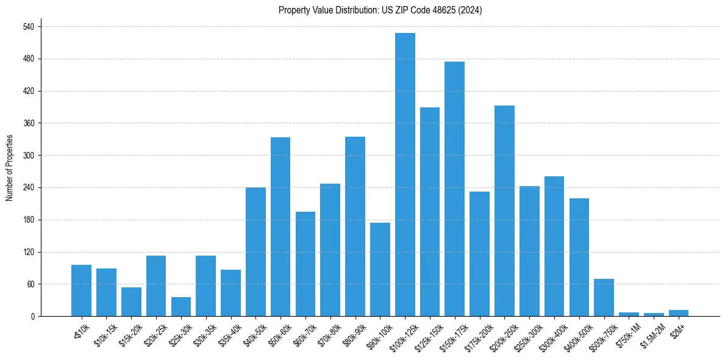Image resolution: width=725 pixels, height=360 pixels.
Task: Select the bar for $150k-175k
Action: pyautogui.click(x=455, y=189)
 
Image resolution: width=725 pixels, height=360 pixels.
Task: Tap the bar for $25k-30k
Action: pyautogui.click(x=180, y=307)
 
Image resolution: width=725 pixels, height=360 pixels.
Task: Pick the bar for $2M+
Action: pyautogui.click(x=679, y=313)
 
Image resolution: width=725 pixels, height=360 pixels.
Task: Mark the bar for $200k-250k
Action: pyautogui.click(x=504, y=211)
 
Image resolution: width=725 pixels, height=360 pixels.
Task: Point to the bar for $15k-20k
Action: pyautogui.click(x=131, y=302)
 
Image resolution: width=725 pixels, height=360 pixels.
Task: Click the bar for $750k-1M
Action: pyautogui.click(x=629, y=314)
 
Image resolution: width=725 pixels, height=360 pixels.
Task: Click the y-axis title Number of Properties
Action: pyautogui.click(x=10, y=168)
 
